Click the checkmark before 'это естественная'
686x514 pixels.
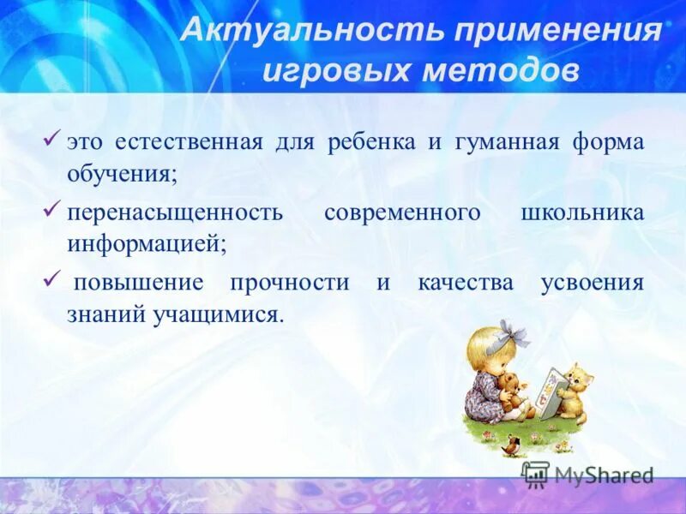pos(52,138)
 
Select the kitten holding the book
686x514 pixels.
pos(574,390)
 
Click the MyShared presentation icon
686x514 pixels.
pos(536,474)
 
